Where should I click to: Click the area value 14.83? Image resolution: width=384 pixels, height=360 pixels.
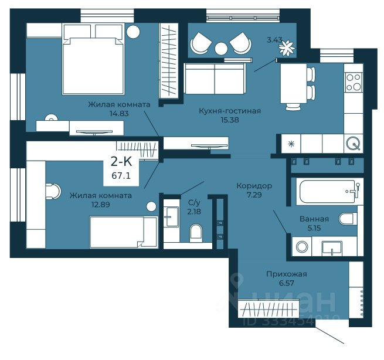click(119, 114)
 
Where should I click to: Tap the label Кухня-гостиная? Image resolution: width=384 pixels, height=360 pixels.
click(230, 111)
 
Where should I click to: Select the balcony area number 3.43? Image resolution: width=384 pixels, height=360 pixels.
click(274, 40)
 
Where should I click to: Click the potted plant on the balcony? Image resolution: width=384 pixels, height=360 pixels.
click(287, 48)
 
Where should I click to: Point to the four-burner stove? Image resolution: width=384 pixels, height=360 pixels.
click(354, 82)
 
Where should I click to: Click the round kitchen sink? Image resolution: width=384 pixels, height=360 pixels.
click(353, 143)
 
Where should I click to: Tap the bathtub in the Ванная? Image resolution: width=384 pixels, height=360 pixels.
click(327, 192)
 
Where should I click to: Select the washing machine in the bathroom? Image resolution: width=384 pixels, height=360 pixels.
click(302, 247)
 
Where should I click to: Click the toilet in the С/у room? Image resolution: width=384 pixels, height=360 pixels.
click(196, 233)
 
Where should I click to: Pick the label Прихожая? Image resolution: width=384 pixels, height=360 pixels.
click(287, 274)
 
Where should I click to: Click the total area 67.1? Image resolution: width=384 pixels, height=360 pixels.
click(121, 175)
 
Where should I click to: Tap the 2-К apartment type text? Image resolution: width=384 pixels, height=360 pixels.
click(121, 162)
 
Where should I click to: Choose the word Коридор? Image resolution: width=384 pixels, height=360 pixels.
click(254, 186)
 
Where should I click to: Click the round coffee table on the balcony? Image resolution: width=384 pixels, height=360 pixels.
click(222, 49)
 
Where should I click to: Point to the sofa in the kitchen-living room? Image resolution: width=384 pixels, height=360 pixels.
click(215, 79)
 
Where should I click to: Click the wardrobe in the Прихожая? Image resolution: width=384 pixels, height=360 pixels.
click(269, 309)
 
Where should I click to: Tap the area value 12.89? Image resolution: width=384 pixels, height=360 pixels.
click(101, 204)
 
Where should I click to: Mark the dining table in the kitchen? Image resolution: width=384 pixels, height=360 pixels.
click(294, 83)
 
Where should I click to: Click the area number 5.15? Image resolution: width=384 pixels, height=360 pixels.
click(314, 228)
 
